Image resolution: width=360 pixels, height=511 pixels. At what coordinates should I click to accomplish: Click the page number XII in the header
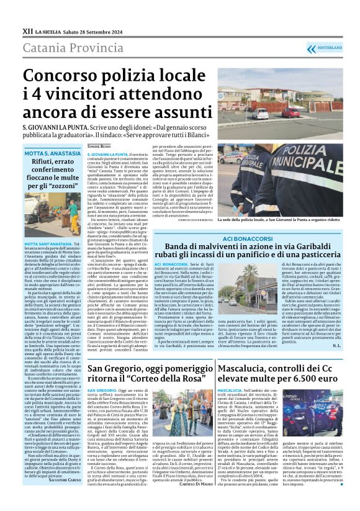pyautogui.click(x=27, y=30)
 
